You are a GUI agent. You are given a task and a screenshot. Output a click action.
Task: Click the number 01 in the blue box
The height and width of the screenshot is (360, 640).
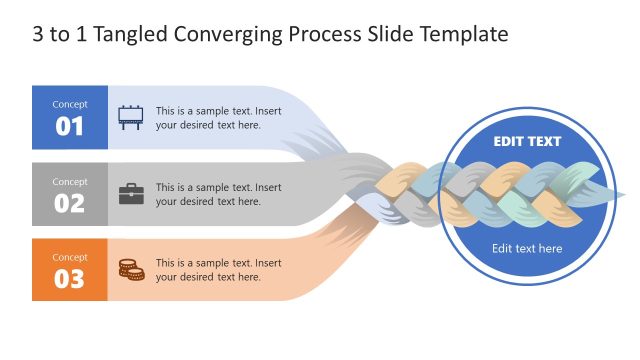(69, 127)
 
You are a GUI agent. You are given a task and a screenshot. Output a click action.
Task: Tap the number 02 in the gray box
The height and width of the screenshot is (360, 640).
(69, 203)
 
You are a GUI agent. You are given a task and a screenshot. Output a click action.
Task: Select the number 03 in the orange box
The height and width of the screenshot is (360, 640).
(69, 279)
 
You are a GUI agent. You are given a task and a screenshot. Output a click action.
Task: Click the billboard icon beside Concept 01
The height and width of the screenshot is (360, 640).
(131, 118)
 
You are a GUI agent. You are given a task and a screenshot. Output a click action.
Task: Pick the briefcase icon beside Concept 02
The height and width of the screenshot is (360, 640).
(131, 194)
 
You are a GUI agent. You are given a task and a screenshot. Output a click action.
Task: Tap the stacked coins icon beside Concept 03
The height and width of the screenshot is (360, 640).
(131, 269)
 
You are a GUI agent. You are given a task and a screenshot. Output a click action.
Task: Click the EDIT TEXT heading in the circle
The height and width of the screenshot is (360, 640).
(527, 142)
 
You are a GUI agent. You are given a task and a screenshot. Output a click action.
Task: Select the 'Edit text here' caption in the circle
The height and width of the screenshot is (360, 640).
(527, 249)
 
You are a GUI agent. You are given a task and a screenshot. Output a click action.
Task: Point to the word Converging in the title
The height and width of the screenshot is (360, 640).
(234, 35)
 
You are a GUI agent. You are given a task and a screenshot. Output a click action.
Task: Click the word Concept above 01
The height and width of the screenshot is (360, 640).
(69, 104)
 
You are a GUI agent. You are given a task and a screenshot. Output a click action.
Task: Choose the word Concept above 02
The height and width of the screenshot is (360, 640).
(69, 181)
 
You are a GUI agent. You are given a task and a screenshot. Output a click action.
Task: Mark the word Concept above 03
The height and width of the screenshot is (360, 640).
(69, 257)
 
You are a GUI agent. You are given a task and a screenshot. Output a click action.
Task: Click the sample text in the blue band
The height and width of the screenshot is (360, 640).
(218, 118)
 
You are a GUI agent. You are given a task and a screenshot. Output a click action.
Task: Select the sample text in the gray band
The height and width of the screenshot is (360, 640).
(218, 194)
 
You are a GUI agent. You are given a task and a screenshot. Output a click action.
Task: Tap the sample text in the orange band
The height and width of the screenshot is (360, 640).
(218, 270)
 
